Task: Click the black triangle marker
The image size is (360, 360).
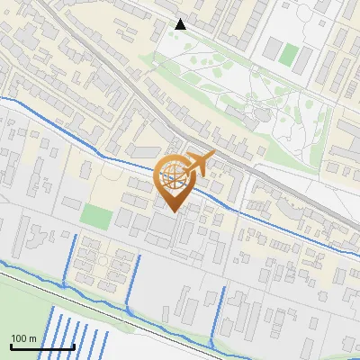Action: coord(181,24)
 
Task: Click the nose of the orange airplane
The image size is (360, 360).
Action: coord(214,156)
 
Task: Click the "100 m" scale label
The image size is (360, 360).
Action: coord(23,338)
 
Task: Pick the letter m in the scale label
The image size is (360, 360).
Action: coord(32,338)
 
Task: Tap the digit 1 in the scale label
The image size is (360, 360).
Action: coord(13,338)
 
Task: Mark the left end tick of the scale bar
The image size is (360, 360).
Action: coord(11,346)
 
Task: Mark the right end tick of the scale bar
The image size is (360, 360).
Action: coord(74,346)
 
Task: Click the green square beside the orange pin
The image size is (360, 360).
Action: coord(96,216)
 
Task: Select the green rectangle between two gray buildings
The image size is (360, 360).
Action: coord(288,54)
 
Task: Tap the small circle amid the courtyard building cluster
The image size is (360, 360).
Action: coord(103,262)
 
